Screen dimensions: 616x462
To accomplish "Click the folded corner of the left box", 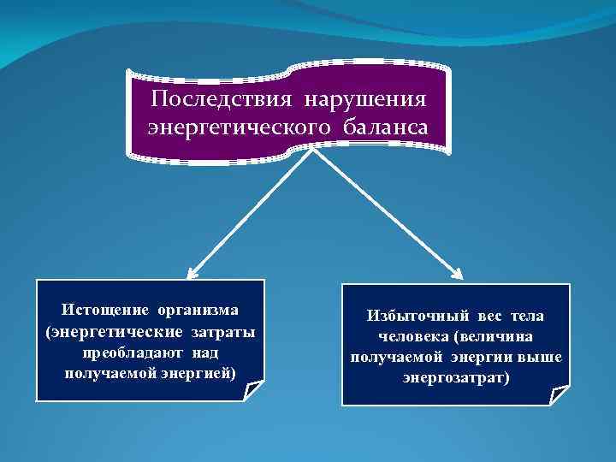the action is click(x=255, y=391).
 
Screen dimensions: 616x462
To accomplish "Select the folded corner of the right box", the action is click(x=560, y=396).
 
